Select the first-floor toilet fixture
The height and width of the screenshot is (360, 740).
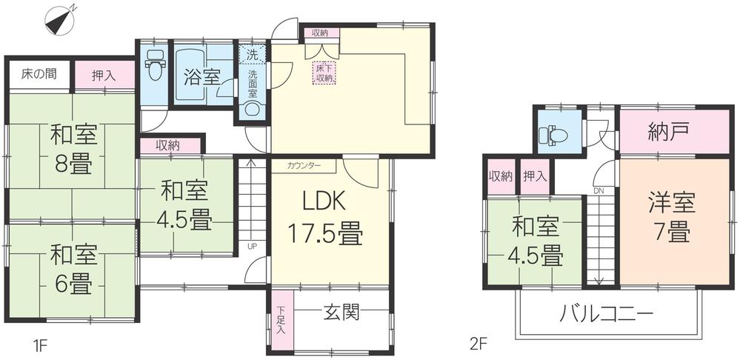154,67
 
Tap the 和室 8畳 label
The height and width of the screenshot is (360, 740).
72,150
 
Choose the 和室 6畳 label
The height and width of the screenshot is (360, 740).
72,269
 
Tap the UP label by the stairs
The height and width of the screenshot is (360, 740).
253,247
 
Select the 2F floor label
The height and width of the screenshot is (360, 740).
478,344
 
